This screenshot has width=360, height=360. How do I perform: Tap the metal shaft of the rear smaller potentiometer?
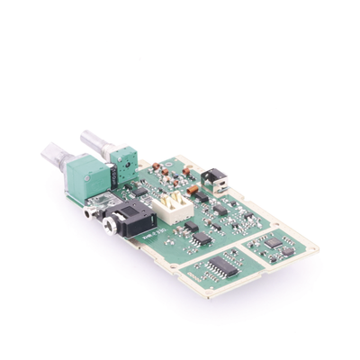click(x=93, y=141)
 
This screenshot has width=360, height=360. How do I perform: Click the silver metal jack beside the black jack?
click(x=90, y=211)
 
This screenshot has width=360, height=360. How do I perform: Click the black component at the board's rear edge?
click(x=213, y=179)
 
